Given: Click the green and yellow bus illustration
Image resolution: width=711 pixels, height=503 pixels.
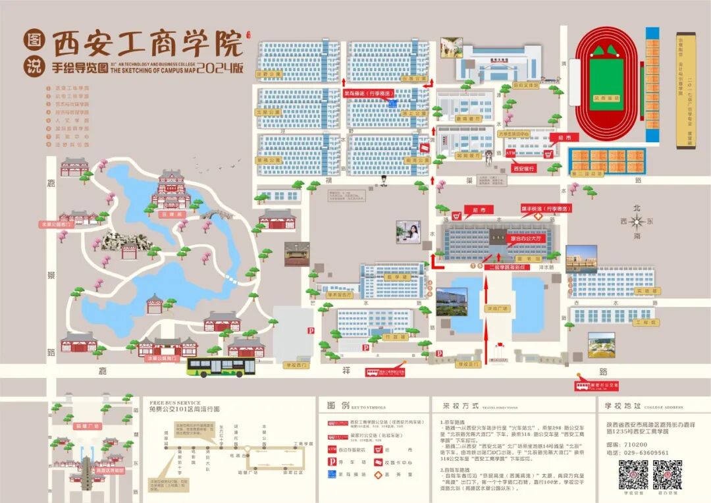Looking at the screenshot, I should pyautogui.click(x=221, y=367).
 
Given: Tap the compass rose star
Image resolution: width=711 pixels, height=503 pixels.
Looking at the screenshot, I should pyautogui.click(x=636, y=222).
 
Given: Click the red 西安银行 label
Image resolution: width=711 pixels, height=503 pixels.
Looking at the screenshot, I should pyautogui.click(x=523, y=168).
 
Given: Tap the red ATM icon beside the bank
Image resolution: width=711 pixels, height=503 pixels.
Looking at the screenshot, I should pyautogui.click(x=511, y=153).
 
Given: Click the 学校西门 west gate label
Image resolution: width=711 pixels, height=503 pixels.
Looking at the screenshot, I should pyautogui.click(x=296, y=363).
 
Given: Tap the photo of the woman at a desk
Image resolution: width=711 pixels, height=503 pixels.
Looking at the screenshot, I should pyautogui.click(x=409, y=232).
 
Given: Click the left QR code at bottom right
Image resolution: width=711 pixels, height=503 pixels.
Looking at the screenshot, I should pyautogui.click(x=633, y=473).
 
